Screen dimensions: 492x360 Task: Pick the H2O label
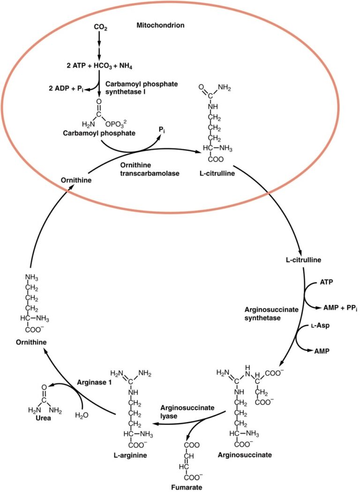pos(82,415)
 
